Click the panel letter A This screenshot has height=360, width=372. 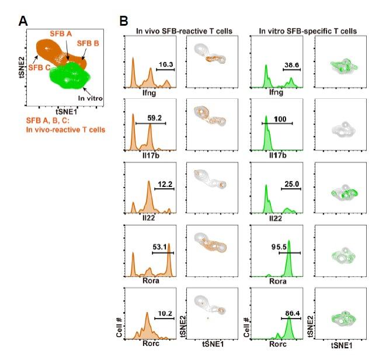(23, 21)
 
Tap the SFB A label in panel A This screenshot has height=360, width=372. (61, 35)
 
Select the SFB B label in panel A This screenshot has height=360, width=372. (88, 43)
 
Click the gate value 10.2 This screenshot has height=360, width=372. (165, 313)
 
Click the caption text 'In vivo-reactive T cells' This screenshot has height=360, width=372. (66, 130)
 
